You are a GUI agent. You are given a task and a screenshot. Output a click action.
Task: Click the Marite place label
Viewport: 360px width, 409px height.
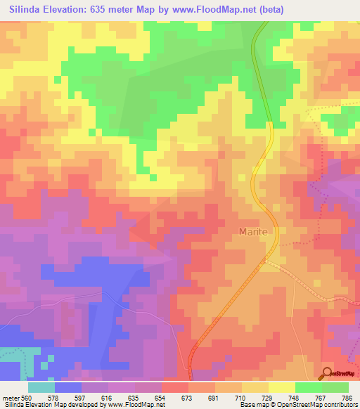[x=254, y=231]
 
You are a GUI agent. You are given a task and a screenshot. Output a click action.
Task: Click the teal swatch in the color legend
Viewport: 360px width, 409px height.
[x=41, y=387]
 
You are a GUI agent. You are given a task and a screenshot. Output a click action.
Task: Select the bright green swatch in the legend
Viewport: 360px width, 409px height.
[x=309, y=387]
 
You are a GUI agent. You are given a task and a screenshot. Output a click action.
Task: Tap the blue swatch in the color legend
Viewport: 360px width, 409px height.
[x=68, y=387]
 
